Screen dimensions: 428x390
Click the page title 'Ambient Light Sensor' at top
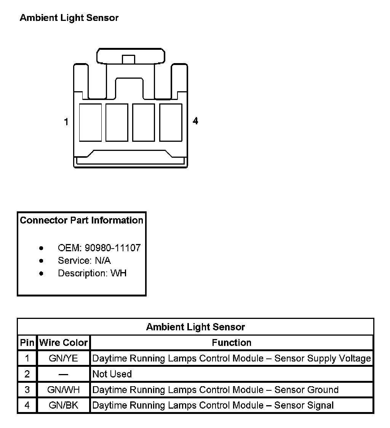[69, 18]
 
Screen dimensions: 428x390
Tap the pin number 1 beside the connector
[66, 122]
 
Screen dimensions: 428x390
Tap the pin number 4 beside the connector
[195, 121]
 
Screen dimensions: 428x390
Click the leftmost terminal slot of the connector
[90, 122]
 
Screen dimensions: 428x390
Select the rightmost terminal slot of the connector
[171, 122]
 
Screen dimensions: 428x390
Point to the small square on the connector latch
[128, 59]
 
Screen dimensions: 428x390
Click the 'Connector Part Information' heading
[82, 220]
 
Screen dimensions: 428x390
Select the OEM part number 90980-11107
[113, 248]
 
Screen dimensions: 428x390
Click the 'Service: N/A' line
[84, 261]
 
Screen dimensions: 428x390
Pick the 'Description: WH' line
[92, 273]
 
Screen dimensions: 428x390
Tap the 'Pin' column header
[27, 343]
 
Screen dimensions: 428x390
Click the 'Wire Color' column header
[64, 343]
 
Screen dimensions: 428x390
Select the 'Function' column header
[232, 343]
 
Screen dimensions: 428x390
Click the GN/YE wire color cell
[64, 358]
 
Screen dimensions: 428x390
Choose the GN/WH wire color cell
[64, 390]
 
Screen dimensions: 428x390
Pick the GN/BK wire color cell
[64, 405]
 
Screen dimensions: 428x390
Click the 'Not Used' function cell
[112, 374]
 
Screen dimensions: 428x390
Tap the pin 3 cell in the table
[27, 390]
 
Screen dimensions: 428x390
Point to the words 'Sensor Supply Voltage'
[323, 358]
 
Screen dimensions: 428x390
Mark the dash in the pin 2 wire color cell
[64, 374]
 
